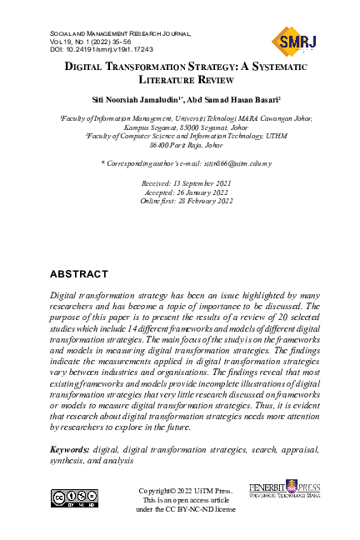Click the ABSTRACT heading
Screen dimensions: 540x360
tap(79, 274)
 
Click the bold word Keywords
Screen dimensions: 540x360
tap(70, 449)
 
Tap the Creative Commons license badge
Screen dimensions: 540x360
tap(74, 498)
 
